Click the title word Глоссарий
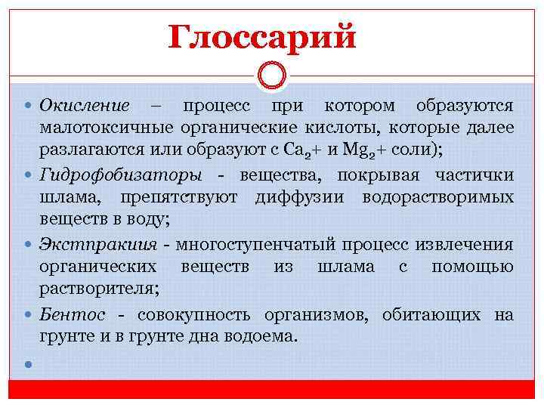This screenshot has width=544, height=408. pyautogui.click(x=261, y=36)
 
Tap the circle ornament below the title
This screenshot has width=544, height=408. pyautogui.click(x=271, y=75)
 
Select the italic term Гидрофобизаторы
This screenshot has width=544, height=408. pyautogui.click(x=121, y=175)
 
